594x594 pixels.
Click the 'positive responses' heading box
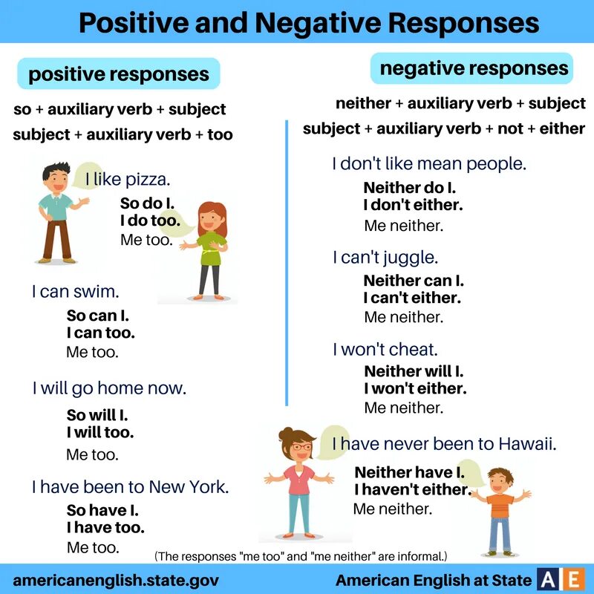(119, 74)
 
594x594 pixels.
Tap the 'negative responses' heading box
(474, 69)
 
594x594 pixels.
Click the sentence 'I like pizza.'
(128, 179)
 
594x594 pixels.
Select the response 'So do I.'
(147, 203)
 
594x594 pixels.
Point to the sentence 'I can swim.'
(75, 292)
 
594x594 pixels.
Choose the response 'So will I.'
(97, 415)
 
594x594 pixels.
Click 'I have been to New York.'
(130, 487)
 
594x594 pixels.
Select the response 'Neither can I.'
(414, 281)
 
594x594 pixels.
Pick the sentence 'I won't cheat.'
(385, 349)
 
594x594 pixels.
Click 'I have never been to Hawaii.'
(445, 444)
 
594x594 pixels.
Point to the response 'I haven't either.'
(413, 489)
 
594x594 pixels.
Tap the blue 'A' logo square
(549, 579)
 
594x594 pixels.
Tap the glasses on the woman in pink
(301, 446)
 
